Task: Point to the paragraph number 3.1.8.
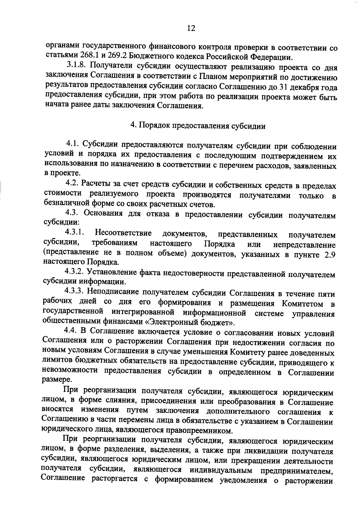(x=76, y=65)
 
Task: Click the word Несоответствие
(x=123, y=233)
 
